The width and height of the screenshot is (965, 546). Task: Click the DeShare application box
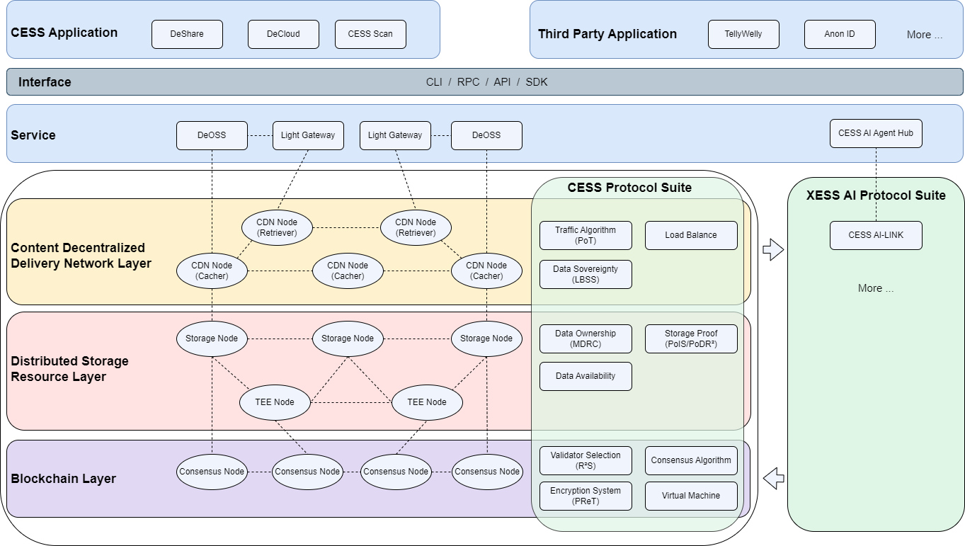pyautogui.click(x=187, y=34)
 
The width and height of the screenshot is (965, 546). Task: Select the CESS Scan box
pyautogui.click(x=370, y=34)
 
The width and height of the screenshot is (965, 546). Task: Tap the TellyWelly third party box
pyautogui.click(x=743, y=34)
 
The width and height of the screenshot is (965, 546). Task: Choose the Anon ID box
pyautogui.click(x=840, y=34)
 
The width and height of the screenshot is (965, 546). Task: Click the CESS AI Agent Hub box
pyautogui.click(x=876, y=133)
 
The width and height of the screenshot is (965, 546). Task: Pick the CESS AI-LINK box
pyautogui.click(x=876, y=235)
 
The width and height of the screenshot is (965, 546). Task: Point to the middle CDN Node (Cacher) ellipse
pyautogui.click(x=348, y=271)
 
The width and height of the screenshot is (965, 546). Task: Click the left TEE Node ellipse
pyautogui.click(x=275, y=402)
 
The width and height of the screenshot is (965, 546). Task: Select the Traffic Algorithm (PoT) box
pyautogui.click(x=586, y=235)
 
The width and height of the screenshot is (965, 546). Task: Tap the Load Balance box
pyautogui.click(x=691, y=235)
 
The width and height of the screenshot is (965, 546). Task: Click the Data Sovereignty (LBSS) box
pyautogui.click(x=586, y=274)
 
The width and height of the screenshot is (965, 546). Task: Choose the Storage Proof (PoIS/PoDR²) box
pyautogui.click(x=691, y=339)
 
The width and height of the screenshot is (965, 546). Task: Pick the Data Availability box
pyautogui.click(x=586, y=376)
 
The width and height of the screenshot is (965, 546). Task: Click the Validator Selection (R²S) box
pyautogui.click(x=586, y=460)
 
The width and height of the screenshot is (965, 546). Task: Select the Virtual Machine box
pyautogui.click(x=691, y=496)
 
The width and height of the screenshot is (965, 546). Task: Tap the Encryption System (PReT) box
pyautogui.click(x=586, y=496)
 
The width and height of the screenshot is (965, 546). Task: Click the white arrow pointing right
pyautogui.click(x=773, y=250)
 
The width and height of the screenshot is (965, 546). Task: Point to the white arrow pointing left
pyautogui.click(x=774, y=479)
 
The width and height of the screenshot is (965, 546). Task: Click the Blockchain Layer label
pyautogui.click(x=63, y=479)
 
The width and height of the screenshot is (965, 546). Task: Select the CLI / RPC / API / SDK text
pyautogui.click(x=486, y=82)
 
